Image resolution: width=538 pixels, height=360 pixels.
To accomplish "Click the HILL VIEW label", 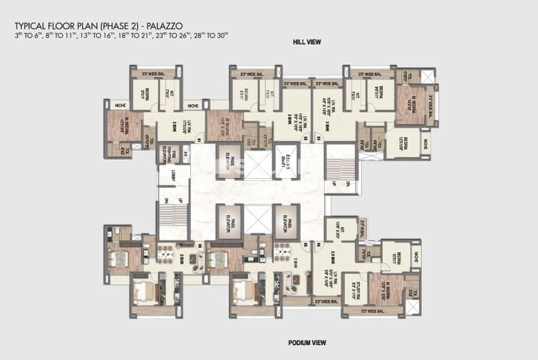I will [306, 43].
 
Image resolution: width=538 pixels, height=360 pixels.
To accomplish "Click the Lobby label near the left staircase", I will [172, 175].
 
